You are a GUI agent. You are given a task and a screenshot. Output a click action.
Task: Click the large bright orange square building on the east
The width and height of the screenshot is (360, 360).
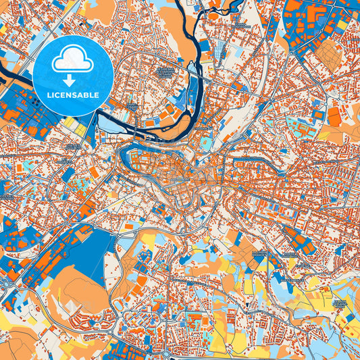tap(334, 119)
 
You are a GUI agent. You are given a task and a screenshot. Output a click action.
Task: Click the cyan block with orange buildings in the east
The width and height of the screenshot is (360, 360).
tap(298, 125)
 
